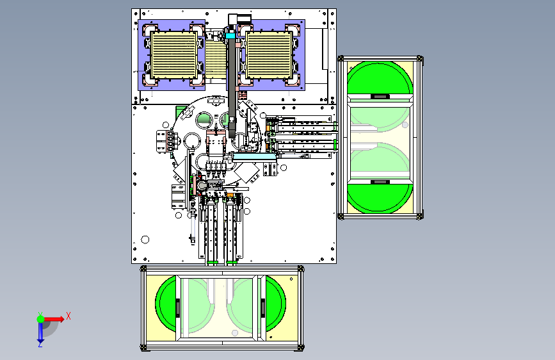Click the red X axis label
68,316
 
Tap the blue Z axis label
40,344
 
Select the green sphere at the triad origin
41,319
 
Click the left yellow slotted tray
173,55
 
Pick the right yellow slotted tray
269,55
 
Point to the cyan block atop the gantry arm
230,36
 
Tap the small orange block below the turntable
230,195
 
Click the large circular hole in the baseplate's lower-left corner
145,240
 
